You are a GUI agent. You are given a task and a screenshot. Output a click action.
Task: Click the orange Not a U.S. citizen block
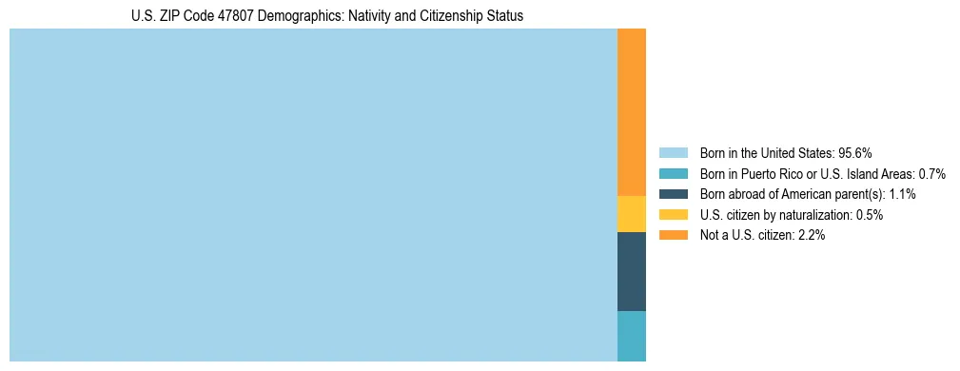pos(631,112)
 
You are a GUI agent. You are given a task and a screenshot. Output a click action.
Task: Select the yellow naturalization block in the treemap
pos(631,214)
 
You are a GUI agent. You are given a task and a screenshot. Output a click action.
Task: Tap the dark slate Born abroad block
pos(631,271)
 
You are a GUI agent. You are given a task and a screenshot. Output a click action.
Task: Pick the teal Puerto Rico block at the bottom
pos(631,336)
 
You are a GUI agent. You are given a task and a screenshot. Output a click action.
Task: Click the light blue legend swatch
pos(673,152)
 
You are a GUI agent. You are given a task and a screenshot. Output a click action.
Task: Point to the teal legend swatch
pos(673,173)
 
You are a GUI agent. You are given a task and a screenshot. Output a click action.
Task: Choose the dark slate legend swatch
pos(673,194)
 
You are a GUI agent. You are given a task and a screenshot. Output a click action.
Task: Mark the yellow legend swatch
pos(673,215)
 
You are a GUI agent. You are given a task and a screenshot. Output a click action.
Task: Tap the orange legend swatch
pos(673,235)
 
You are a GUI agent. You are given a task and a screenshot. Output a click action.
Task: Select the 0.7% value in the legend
pos(931,173)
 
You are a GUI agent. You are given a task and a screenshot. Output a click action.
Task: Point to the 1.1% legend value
pos(901,194)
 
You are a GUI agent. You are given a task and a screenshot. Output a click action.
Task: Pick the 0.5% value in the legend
pos(870,215)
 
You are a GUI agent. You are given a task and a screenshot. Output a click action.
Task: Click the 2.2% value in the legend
pos(812,235)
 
